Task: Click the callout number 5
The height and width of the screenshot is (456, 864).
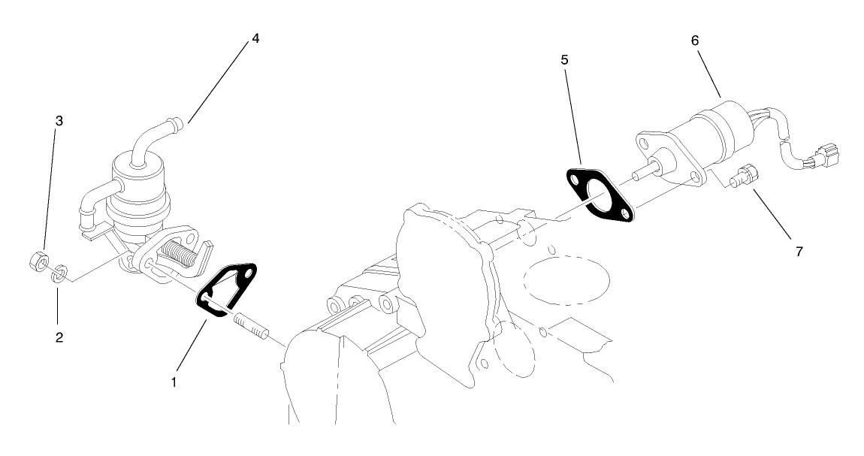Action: coord(564,59)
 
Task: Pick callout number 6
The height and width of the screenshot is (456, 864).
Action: coord(695,41)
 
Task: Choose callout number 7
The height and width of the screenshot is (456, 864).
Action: coord(799,251)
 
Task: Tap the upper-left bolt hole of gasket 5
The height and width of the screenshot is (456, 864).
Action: coord(575,181)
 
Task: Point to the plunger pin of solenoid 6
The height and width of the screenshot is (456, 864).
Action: coord(639,174)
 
